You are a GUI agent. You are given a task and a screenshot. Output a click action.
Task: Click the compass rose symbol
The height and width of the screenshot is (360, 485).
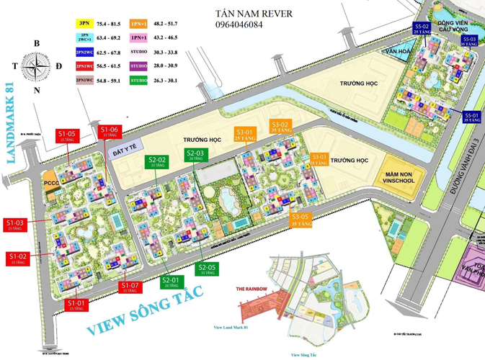click(x=34, y=68)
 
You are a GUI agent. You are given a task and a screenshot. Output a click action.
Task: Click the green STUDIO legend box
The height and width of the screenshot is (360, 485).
click(x=138, y=80)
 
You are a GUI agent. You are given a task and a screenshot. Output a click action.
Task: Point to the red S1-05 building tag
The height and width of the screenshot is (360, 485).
click(x=67, y=135)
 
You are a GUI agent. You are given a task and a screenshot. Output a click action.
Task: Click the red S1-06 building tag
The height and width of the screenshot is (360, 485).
click(x=110, y=132)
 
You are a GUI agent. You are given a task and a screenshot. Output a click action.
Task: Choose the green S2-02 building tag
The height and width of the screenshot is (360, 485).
click(x=157, y=161)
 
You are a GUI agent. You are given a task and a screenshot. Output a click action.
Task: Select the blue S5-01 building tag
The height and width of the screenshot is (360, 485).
click(x=472, y=117)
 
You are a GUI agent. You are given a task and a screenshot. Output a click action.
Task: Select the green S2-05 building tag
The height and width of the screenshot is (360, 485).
click(x=208, y=269)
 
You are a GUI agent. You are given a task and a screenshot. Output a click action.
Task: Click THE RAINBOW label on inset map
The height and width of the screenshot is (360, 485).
click(x=252, y=288)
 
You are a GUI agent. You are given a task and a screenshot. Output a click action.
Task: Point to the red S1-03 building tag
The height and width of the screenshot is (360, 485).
click(x=17, y=225)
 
